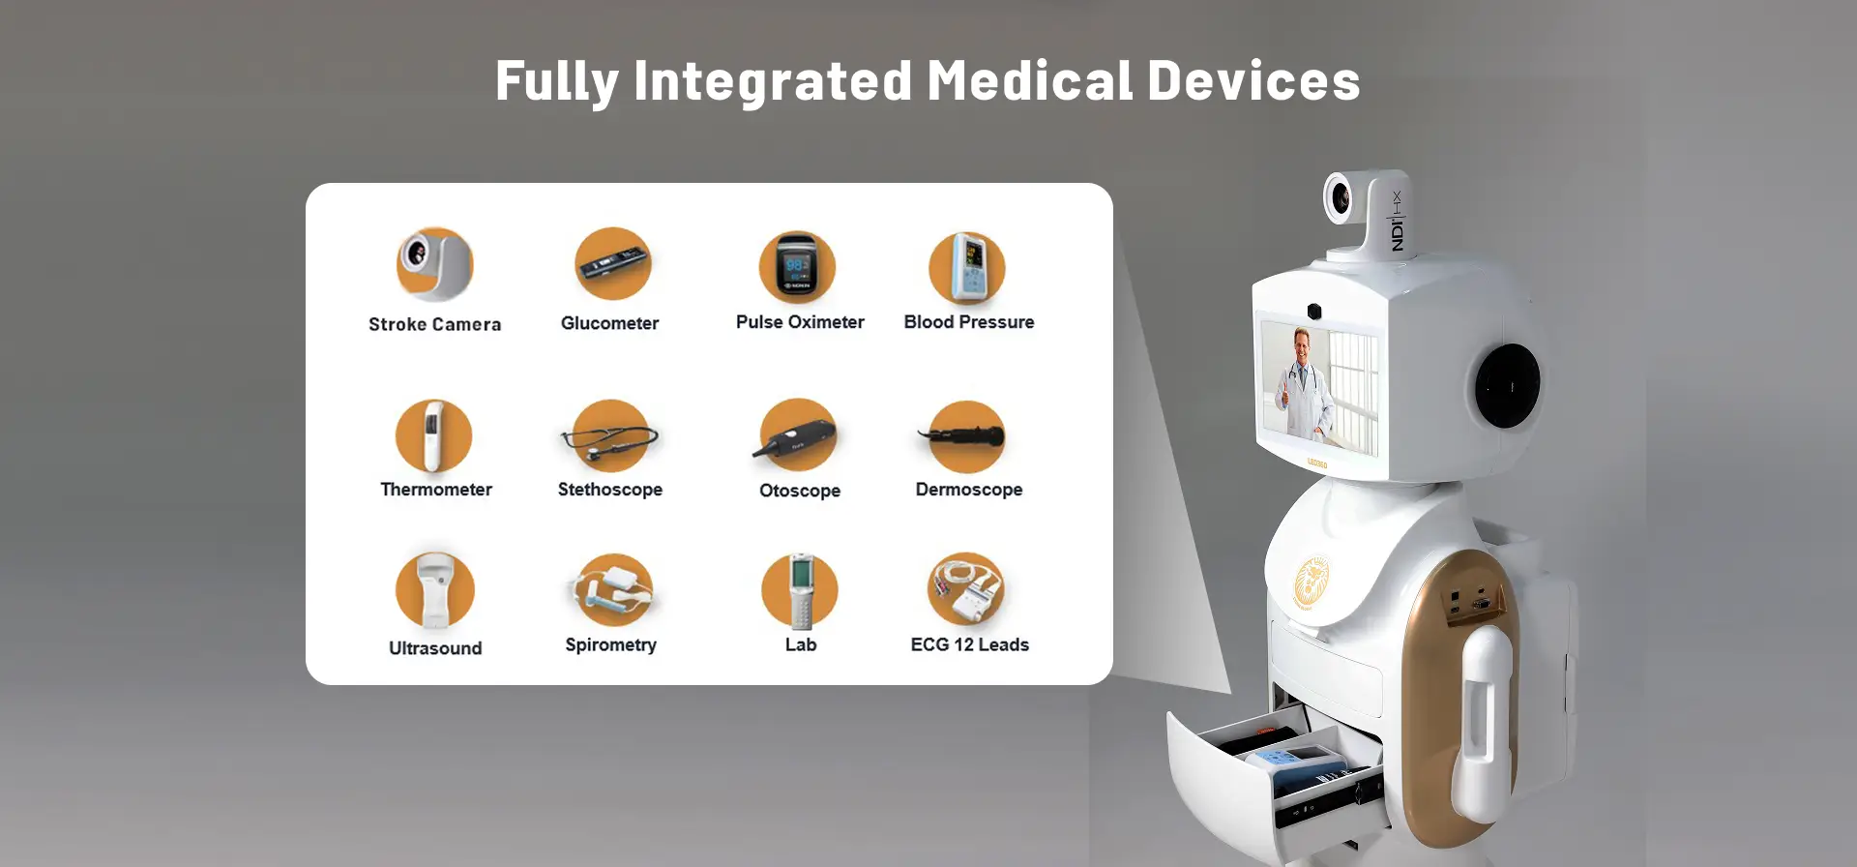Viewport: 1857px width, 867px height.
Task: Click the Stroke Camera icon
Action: [435, 264]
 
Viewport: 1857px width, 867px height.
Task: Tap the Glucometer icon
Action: [613, 263]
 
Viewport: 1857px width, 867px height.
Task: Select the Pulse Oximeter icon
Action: [797, 268]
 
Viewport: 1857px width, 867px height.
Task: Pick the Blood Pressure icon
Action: [967, 268]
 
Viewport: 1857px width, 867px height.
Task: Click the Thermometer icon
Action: [434, 435]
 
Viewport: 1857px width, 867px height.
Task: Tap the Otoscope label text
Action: [800, 491]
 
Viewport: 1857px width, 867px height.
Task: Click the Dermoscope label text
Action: [969, 490]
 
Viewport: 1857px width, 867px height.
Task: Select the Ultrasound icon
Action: [435, 590]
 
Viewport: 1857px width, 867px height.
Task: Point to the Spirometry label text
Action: [611, 644]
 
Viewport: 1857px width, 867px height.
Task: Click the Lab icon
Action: [800, 590]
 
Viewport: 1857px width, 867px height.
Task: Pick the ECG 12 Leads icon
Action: [966, 589]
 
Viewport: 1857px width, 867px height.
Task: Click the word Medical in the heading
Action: [1029, 80]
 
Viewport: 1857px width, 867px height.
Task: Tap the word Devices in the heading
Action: [1254, 80]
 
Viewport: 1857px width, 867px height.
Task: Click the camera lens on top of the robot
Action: [1341, 198]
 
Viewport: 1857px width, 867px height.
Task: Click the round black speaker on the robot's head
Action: [1507, 385]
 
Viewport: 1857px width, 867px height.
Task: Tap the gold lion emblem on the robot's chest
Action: [1312, 583]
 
